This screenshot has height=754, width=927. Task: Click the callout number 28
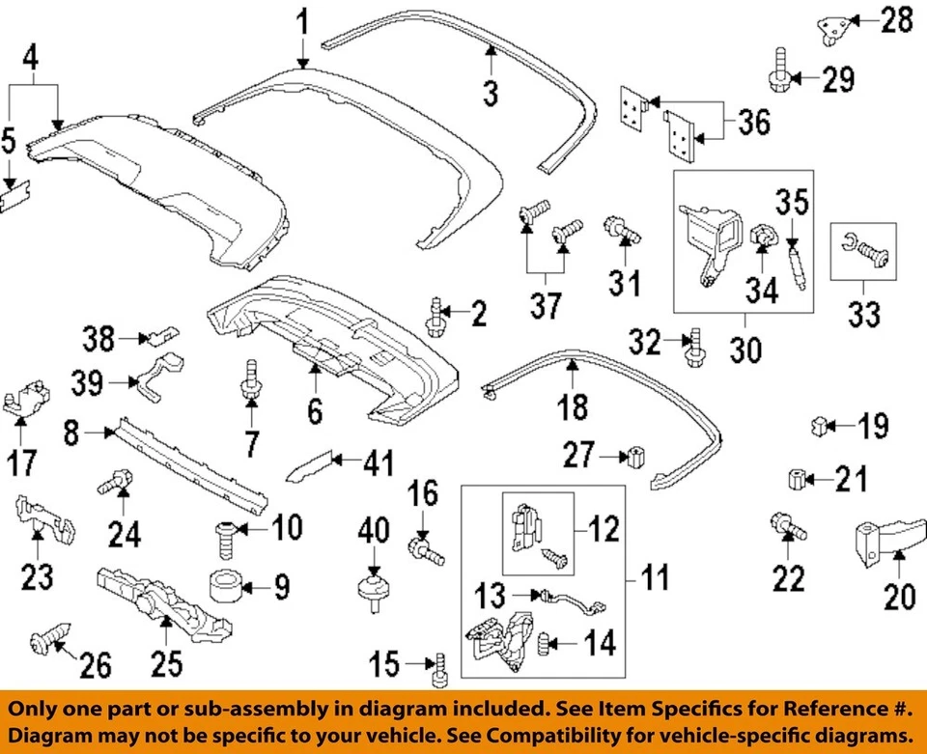tap(895, 19)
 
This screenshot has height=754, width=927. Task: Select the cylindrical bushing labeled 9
tap(224, 585)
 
